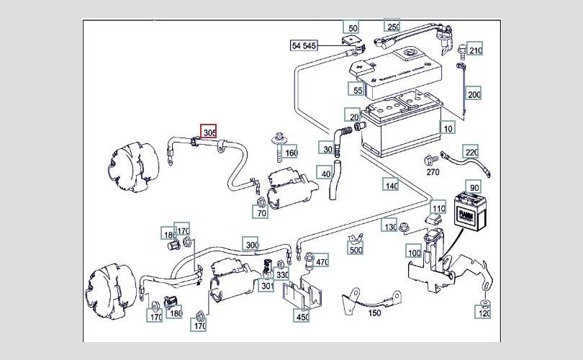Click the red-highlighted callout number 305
209,132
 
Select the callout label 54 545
304,45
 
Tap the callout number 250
393,27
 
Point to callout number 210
474,50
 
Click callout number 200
474,94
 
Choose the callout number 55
357,90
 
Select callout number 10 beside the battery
449,128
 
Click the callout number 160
290,153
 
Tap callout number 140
391,185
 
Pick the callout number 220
471,152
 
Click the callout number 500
355,250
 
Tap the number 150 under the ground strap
375,312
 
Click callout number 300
250,245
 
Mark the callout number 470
321,262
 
